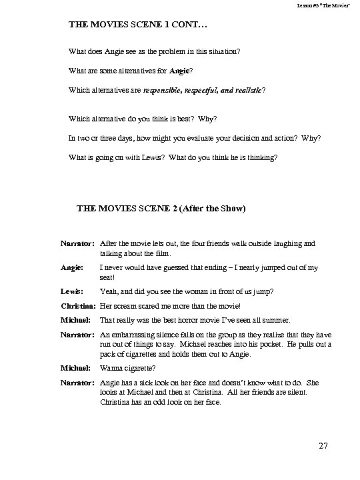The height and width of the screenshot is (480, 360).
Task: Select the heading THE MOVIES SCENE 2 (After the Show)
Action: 162,209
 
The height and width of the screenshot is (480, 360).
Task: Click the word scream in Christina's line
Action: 123,305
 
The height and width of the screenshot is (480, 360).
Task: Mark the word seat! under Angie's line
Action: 108,275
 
